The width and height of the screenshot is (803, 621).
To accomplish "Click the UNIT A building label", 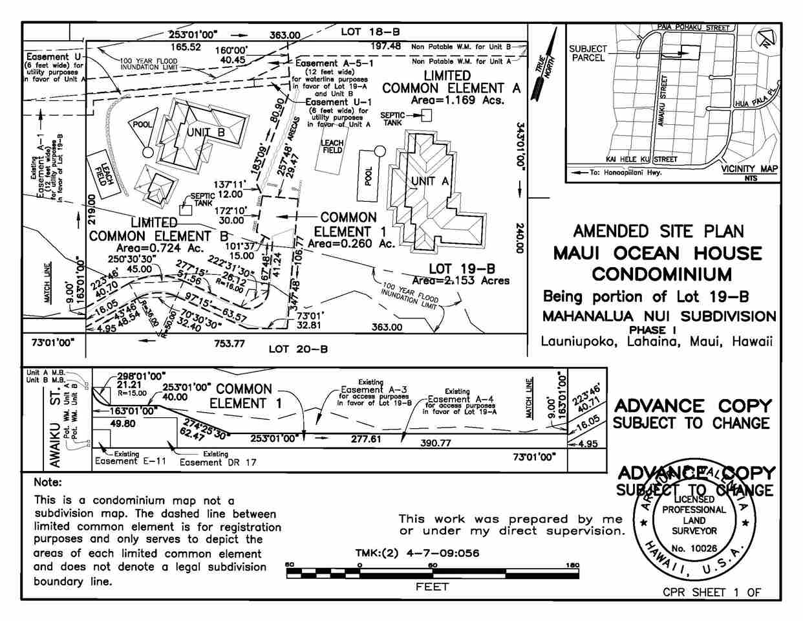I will pyautogui.click(x=426, y=182).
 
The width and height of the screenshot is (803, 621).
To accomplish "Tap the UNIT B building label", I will pyautogui.click(x=205, y=133).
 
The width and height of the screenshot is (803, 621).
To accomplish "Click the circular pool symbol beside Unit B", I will pyautogui.click(x=148, y=153).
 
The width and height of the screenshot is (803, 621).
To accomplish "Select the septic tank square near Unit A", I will pyautogui.click(x=426, y=115).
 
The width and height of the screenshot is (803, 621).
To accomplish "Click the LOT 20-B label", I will pyautogui.click(x=298, y=349).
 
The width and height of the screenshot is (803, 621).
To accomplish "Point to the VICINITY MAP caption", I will pyautogui.click(x=749, y=169).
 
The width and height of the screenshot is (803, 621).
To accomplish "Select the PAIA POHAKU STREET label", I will pyautogui.click(x=693, y=28).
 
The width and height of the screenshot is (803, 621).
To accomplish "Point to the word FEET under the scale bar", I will pyautogui.click(x=432, y=587).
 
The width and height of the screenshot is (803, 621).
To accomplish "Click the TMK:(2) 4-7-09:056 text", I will pyautogui.click(x=417, y=553).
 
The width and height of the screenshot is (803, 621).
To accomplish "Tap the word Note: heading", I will pyautogui.click(x=48, y=483).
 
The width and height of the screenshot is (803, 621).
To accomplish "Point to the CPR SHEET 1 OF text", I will pyautogui.click(x=712, y=593).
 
